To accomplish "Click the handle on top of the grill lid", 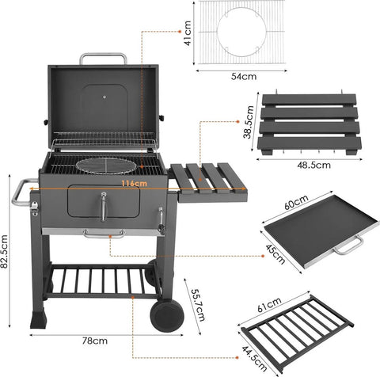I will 103,58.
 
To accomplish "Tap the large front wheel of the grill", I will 167,314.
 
